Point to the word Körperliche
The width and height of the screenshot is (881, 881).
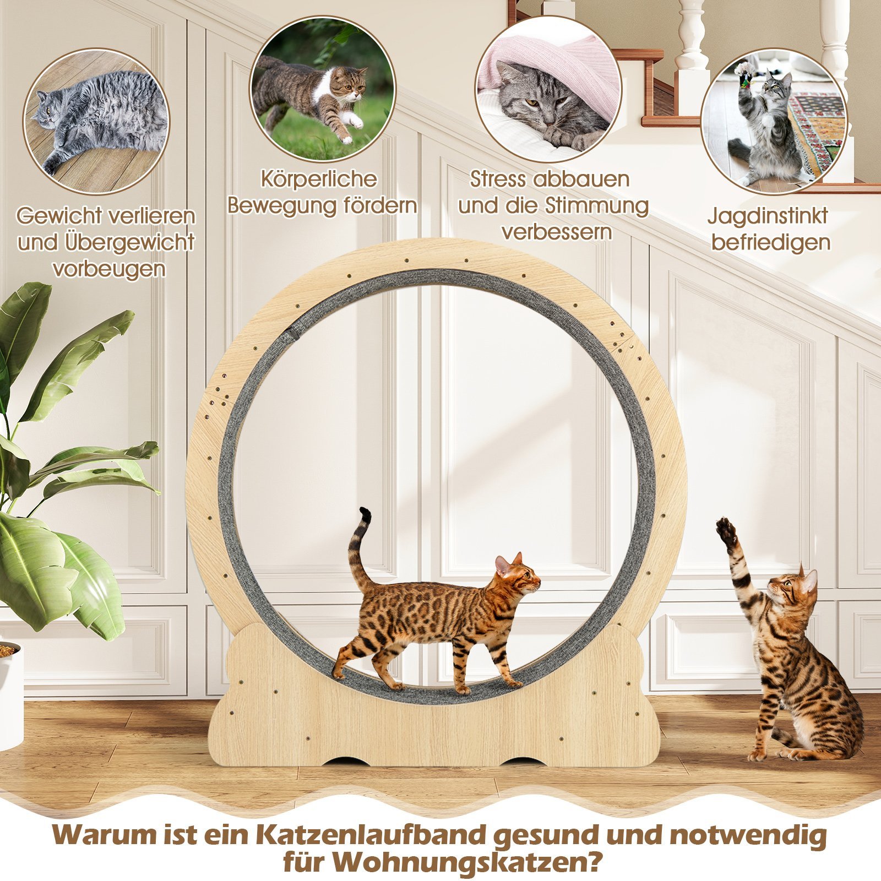click(x=319, y=180)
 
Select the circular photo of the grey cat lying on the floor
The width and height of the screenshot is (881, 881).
click(x=96, y=122)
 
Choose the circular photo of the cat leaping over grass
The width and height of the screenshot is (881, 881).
click(x=323, y=89)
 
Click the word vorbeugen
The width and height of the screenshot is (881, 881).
click(x=109, y=268)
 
